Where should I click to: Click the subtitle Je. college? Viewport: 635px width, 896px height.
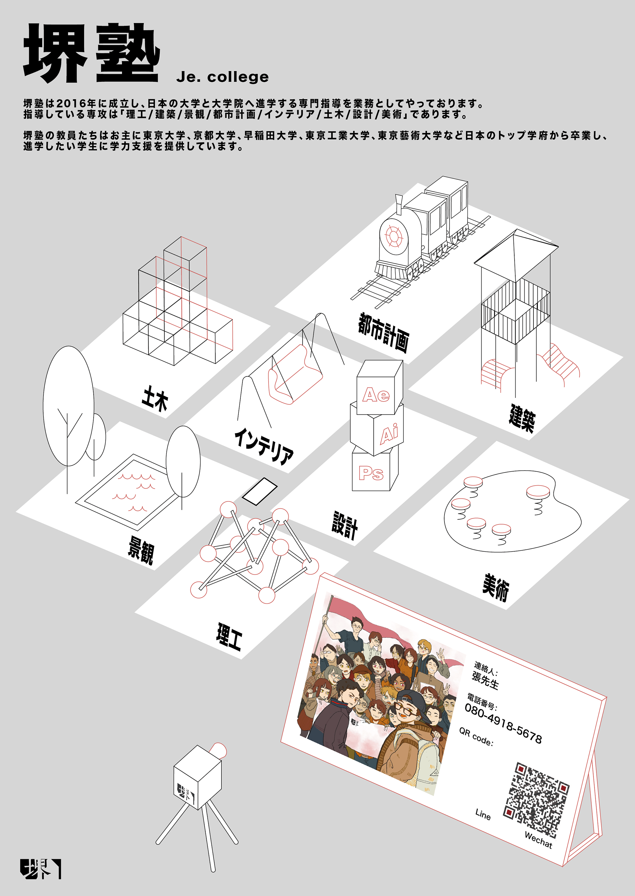(223, 77)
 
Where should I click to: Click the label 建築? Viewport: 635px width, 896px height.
(522, 418)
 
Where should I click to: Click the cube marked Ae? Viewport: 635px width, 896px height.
(379, 387)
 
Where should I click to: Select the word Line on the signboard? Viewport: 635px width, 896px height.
(483, 814)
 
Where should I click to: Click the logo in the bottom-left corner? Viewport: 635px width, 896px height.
(41, 869)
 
